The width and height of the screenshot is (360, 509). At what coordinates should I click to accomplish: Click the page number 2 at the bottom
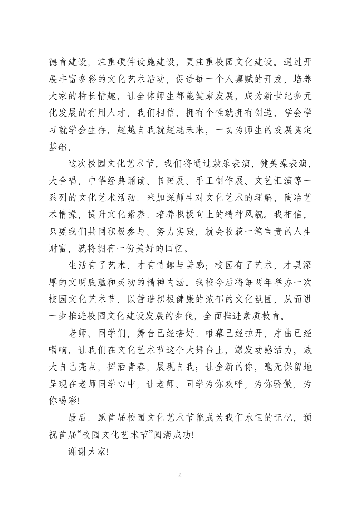(180, 475)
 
